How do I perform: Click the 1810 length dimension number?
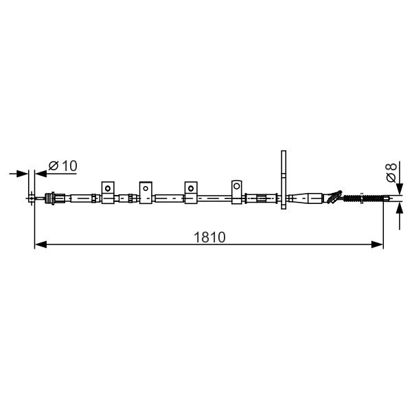point(209,238)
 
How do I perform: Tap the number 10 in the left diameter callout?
point(69,165)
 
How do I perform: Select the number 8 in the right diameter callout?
point(391,167)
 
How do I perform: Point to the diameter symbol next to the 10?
point(54,165)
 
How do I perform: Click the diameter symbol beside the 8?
point(391,178)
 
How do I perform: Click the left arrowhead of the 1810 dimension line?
point(41,244)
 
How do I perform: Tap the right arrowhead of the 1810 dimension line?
point(377,244)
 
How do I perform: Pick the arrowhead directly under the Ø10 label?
point(41,174)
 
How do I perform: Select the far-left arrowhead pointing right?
point(22,174)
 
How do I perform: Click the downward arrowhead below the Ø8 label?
point(400,189)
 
